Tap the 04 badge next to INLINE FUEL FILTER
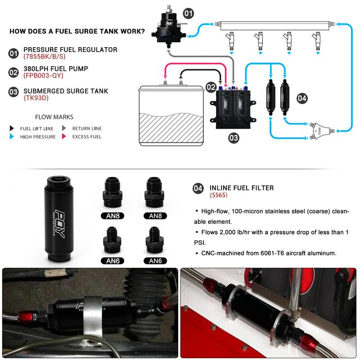point(198,188)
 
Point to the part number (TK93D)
point(36,98)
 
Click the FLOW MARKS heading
point(54,117)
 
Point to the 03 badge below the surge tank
point(234,138)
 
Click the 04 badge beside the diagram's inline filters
point(302,98)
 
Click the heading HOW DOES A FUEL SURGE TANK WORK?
point(77,31)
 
